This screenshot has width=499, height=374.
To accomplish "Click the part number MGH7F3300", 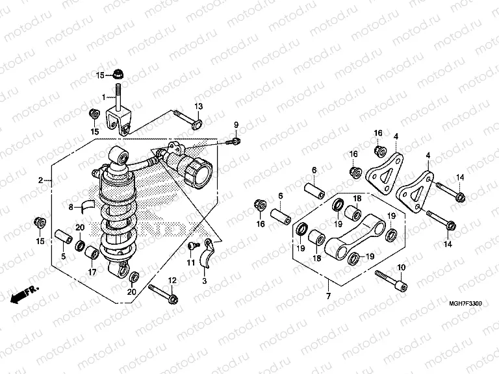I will coord(464,303).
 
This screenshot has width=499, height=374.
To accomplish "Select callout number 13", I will coord(198,106).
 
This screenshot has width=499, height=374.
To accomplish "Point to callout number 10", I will coord(401,268).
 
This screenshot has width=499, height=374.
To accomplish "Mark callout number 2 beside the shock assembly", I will coord(40,179).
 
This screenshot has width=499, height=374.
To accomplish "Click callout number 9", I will coord(236,125).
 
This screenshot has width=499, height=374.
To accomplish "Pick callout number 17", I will coord(92,272).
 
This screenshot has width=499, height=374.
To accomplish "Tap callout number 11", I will coord(190,262).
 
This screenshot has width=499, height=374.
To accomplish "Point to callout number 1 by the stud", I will coord(102,97).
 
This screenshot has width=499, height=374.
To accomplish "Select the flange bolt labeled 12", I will coord(164,292).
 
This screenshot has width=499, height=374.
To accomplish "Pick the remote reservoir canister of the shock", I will coord(192,164).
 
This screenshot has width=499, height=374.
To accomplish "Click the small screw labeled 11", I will coord(193,247).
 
